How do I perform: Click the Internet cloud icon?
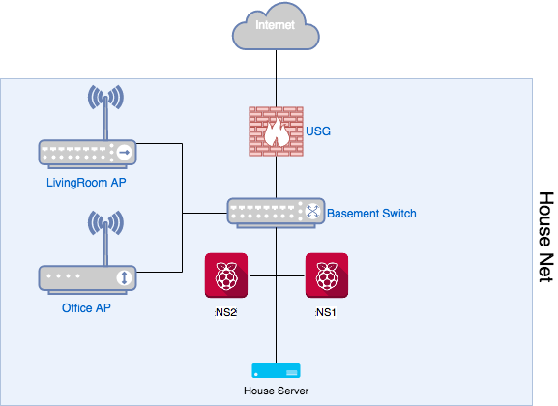click(x=276, y=26)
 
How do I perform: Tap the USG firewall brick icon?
click(x=277, y=131)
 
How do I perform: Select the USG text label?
click(x=318, y=131)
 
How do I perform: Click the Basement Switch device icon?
click(x=276, y=213)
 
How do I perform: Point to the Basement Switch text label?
click(x=371, y=214)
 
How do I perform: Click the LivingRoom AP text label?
click(x=86, y=183)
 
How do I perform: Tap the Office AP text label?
click(x=86, y=307)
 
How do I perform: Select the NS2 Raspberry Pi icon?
click(x=226, y=275)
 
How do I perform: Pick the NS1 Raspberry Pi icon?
click(x=327, y=275)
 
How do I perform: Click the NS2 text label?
click(x=226, y=312)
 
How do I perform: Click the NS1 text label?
click(x=326, y=312)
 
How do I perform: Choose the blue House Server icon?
click(x=277, y=371)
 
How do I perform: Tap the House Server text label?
click(x=277, y=391)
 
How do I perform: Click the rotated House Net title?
click(x=546, y=238)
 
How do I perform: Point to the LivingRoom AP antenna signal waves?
click(x=105, y=98)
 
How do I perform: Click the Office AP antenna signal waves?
click(x=105, y=223)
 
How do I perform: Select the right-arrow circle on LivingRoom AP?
click(x=124, y=153)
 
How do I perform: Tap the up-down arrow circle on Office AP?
click(x=124, y=277)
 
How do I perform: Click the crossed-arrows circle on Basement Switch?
click(x=312, y=211)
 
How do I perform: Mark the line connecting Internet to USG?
click(x=277, y=78)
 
